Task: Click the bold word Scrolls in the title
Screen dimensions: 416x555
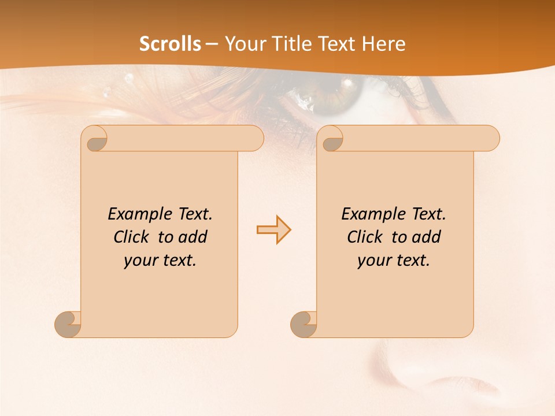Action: point(170,44)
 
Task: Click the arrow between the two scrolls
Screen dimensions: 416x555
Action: point(273,230)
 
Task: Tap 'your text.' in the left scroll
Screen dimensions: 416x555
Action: point(160,261)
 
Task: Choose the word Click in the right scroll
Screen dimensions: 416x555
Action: point(364,237)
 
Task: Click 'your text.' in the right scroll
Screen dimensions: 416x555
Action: point(394,261)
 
